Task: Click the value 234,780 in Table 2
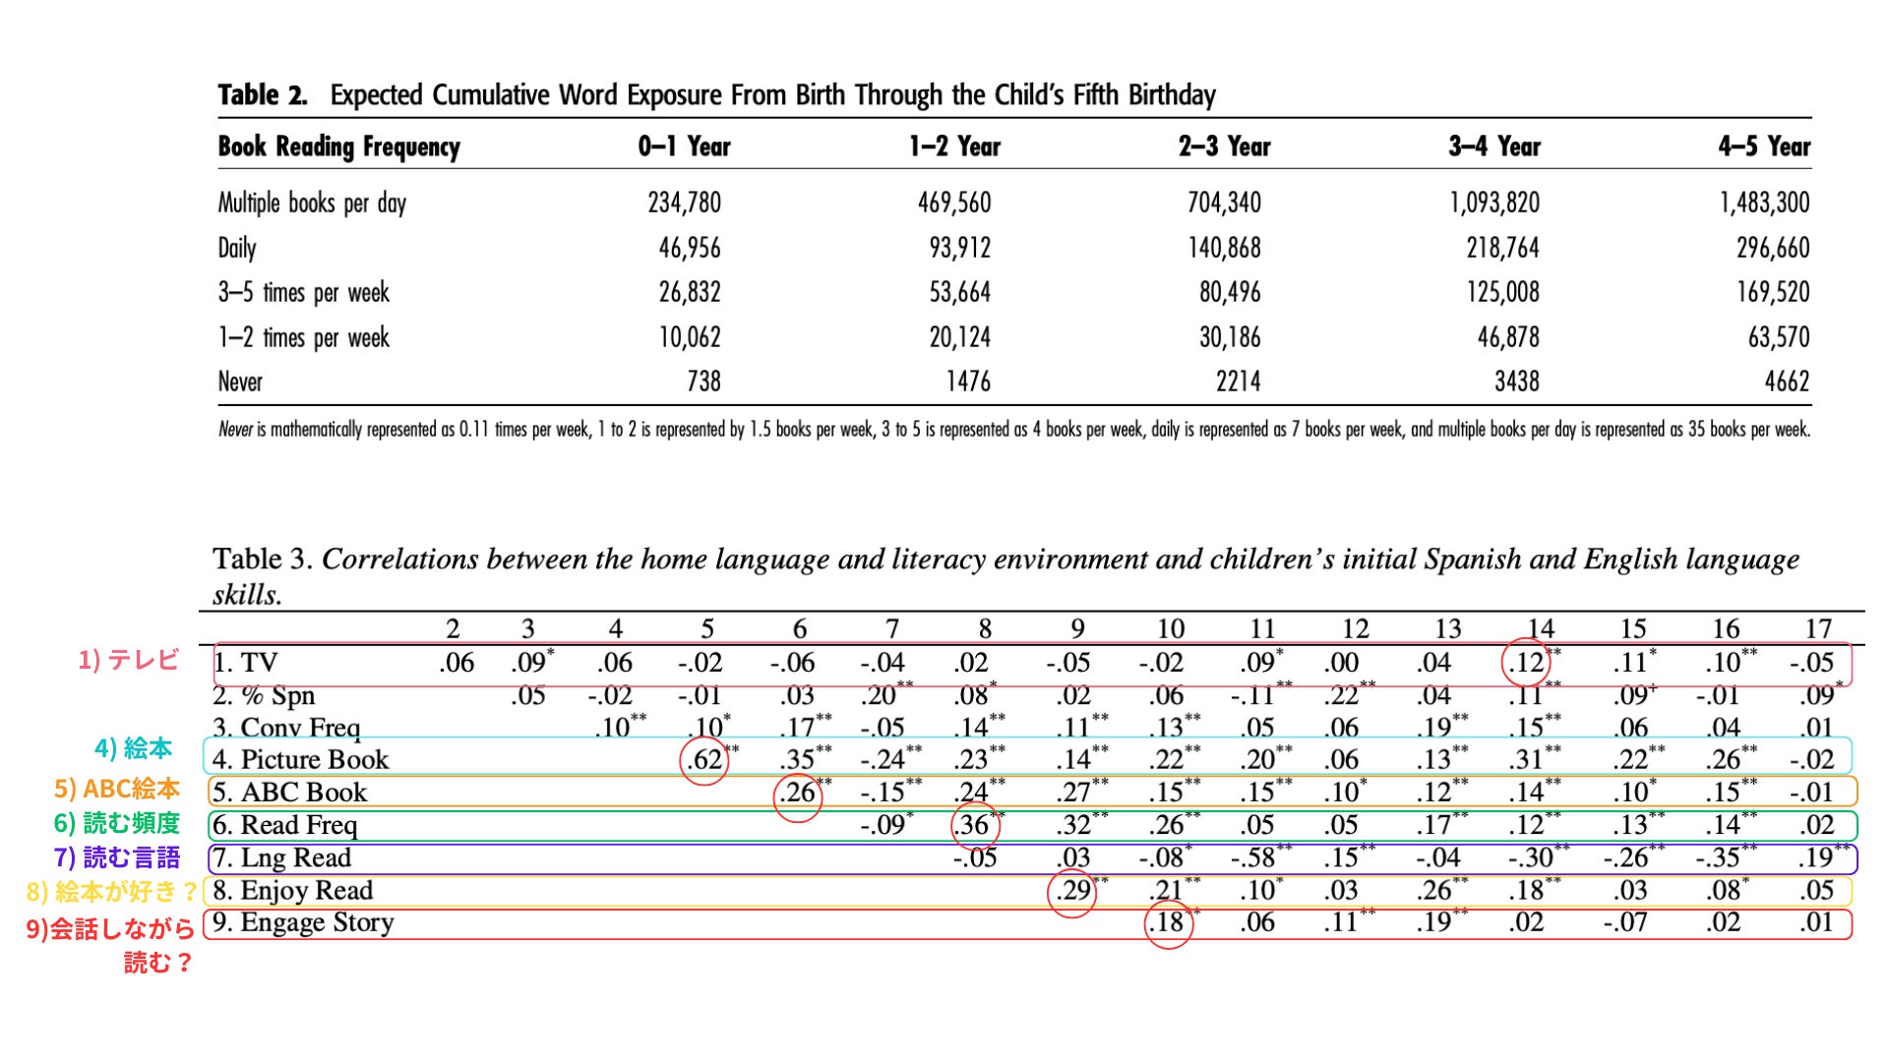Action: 684,203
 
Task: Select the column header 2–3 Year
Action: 1224,147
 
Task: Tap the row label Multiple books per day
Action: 312,203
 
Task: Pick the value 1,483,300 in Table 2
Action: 1764,203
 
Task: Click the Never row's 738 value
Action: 703,382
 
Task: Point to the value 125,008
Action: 1502,292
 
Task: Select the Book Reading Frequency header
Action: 338,147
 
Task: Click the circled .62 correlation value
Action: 704,759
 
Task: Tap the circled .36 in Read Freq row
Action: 973,824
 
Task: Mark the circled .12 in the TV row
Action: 1526,663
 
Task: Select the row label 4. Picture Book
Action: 301,759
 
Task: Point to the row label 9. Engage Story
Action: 303,922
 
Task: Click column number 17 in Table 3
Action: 1818,628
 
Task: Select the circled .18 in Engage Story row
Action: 1167,922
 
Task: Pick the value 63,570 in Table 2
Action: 1778,337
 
